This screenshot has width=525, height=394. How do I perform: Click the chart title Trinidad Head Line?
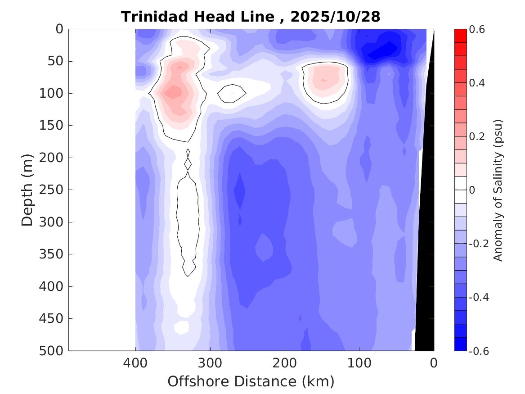pyautogui.click(x=197, y=17)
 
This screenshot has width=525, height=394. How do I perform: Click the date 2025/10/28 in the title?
pyautogui.click(x=335, y=17)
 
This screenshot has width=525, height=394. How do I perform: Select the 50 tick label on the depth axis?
pyautogui.click(x=57, y=61)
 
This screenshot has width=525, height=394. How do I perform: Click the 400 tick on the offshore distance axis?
pyautogui.click(x=135, y=362)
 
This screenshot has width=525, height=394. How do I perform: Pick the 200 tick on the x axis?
pyautogui.click(x=285, y=362)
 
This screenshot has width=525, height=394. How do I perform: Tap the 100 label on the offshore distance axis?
pyautogui.click(x=359, y=362)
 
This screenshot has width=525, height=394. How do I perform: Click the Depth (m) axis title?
pyautogui.click(x=27, y=189)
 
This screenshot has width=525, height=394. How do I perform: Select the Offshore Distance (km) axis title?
pyautogui.click(x=251, y=381)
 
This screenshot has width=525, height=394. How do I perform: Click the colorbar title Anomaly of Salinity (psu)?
pyautogui.click(x=498, y=190)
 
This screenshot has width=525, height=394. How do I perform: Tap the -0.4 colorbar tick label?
pyautogui.click(x=478, y=297)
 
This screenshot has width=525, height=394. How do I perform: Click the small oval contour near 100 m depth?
pyautogui.click(x=232, y=93)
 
